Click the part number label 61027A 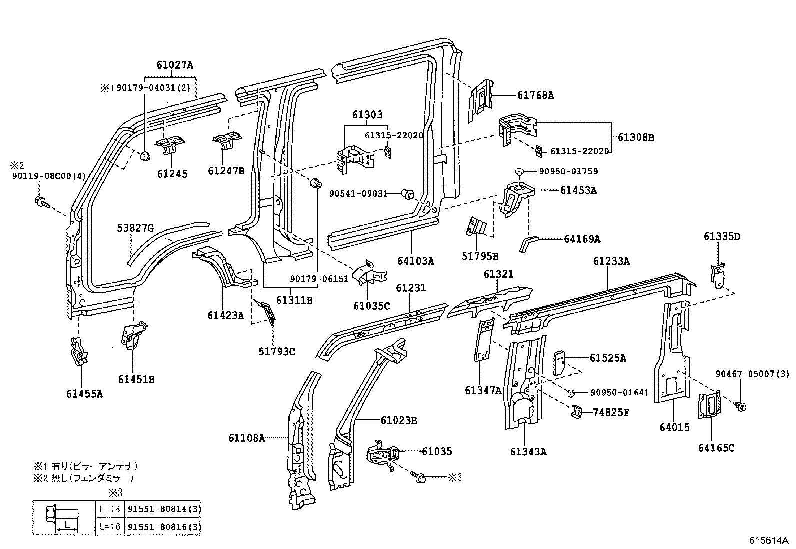(x=174, y=65)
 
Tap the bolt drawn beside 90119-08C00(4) (x=41, y=202)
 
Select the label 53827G (x=135, y=228)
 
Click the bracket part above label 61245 (x=170, y=145)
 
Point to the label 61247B (x=226, y=171)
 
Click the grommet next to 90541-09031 (x=408, y=194)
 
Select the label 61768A (x=535, y=95)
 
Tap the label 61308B (x=635, y=137)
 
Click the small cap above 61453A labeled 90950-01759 (x=520, y=172)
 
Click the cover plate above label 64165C (x=710, y=405)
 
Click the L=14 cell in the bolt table (x=109, y=509)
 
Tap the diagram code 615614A (x=768, y=541)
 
